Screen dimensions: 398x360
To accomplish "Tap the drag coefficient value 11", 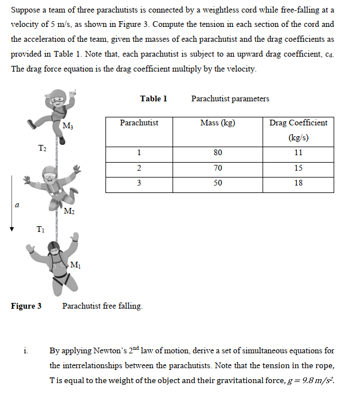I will (x=298, y=153).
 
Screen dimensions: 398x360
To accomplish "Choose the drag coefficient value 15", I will (x=298, y=168).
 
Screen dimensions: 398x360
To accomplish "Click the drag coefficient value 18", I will (x=298, y=183).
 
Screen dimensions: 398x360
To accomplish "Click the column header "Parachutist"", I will (x=139, y=123).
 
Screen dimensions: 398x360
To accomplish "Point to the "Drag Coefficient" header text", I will (x=298, y=123).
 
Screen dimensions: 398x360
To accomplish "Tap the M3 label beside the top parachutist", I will (x=68, y=126).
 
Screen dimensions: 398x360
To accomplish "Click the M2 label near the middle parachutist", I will (x=68, y=212).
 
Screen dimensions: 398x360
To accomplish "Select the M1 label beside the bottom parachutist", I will (x=74, y=264).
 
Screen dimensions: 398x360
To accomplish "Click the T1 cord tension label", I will (x=40, y=231).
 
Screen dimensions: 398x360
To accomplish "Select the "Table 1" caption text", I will (x=154, y=98).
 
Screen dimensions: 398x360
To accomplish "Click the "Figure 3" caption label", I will (x=26, y=306).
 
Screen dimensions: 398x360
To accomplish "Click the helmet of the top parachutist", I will (x=57, y=97).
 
